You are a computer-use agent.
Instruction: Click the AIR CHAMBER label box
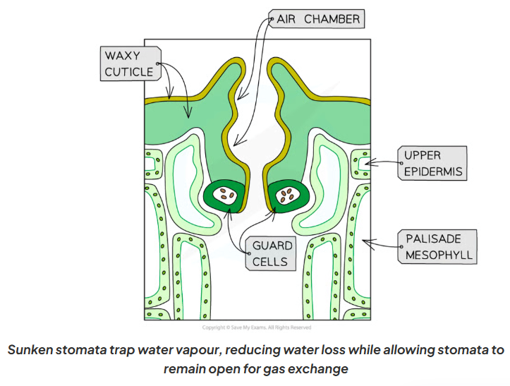click(317, 19)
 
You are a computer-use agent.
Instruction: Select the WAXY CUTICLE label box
click(130, 64)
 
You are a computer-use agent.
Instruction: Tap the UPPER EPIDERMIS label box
click(432, 163)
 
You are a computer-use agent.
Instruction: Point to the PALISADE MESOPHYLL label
click(437, 247)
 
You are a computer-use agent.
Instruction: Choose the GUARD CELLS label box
click(271, 253)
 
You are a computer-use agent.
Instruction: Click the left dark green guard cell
click(224, 196)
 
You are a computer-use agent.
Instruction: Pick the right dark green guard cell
click(289, 196)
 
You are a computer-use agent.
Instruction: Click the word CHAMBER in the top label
click(332, 19)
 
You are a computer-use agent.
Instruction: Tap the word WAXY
click(122, 56)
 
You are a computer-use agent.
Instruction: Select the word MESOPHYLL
click(439, 255)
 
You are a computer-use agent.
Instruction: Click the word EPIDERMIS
click(433, 171)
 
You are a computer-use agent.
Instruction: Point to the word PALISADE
click(434, 239)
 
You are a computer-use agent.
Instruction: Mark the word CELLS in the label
click(270, 262)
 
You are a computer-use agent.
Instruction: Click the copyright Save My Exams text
click(257, 327)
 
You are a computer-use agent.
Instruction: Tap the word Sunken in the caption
click(30, 350)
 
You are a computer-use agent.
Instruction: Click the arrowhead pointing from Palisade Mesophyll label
click(367, 242)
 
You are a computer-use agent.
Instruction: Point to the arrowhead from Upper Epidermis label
click(370, 162)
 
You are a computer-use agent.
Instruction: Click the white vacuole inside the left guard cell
click(225, 195)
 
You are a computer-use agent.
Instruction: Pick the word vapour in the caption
click(198, 350)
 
